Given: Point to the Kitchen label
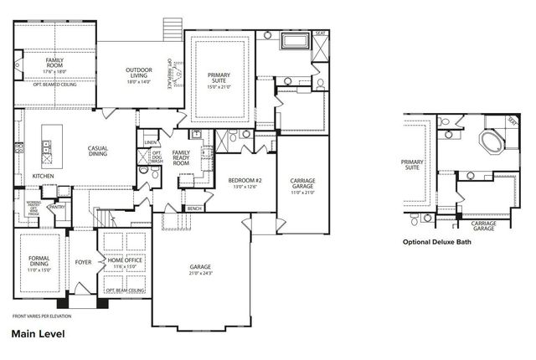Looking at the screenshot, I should click(x=44, y=176).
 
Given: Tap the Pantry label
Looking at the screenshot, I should click(x=59, y=206).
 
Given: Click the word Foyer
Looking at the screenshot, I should click(x=83, y=262).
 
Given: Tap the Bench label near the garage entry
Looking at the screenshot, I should click(x=194, y=208).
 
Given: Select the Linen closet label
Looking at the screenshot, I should click(x=150, y=143).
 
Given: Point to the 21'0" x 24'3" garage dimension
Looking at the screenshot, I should click(x=200, y=274).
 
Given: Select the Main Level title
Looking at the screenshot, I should click(x=39, y=333).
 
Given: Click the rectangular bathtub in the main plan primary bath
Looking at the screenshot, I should click(x=296, y=40).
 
